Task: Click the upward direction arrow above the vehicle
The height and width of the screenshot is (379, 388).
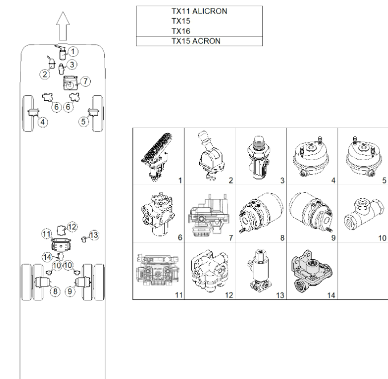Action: [x=63, y=26]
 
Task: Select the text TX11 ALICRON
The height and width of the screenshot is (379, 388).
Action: [x=199, y=11]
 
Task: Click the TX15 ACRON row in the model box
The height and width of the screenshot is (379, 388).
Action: [x=199, y=41]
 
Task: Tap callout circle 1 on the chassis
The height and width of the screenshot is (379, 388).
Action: [x=73, y=52]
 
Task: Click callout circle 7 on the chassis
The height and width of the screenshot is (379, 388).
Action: [x=86, y=81]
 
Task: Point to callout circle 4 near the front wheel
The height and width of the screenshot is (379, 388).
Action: [x=43, y=122]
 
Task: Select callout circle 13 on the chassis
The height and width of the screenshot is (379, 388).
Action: [x=94, y=235]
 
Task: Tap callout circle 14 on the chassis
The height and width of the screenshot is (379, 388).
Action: [x=47, y=257]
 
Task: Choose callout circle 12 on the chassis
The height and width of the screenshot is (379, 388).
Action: [x=72, y=227]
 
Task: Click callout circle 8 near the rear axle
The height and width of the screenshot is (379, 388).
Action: [x=55, y=291]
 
